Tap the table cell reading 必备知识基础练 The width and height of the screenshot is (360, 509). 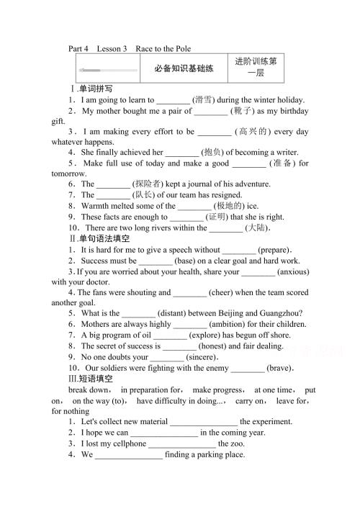click(184, 69)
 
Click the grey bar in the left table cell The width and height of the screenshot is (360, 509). click(109, 70)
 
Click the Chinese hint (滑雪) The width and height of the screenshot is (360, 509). click(209, 100)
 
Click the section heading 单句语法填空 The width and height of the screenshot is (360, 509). click(104, 238)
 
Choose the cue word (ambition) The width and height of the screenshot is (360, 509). click(217, 324)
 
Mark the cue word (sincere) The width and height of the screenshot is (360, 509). click(205, 356)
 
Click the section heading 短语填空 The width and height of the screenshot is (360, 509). click(99, 378)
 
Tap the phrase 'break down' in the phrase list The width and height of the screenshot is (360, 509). click(89, 389)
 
